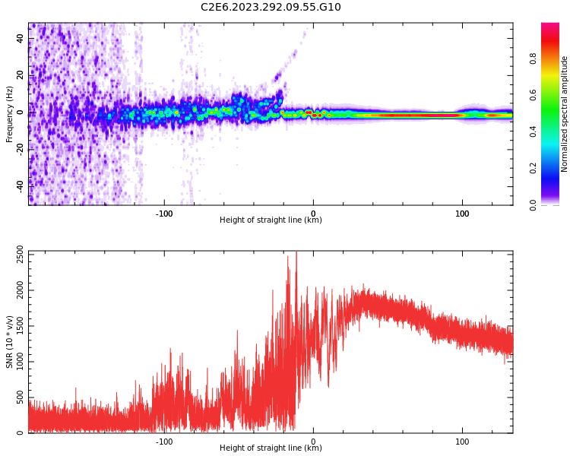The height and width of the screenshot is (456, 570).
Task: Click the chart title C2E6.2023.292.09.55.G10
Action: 271,8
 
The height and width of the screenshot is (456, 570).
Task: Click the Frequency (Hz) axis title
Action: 10,114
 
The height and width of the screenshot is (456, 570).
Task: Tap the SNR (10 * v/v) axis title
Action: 10,342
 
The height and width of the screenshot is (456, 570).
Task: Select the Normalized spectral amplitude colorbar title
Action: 565,114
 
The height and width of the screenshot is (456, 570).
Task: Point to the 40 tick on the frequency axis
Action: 21,39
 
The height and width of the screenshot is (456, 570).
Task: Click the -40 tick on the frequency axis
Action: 21,185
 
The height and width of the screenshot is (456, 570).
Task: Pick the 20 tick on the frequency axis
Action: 21,75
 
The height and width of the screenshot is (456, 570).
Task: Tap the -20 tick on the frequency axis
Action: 21,148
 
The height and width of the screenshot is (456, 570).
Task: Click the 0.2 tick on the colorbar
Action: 534,168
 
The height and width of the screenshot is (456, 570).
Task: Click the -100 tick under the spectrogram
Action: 164,214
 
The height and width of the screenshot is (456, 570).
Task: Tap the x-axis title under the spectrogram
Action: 271,220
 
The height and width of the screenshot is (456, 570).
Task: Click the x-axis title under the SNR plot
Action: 271,448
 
